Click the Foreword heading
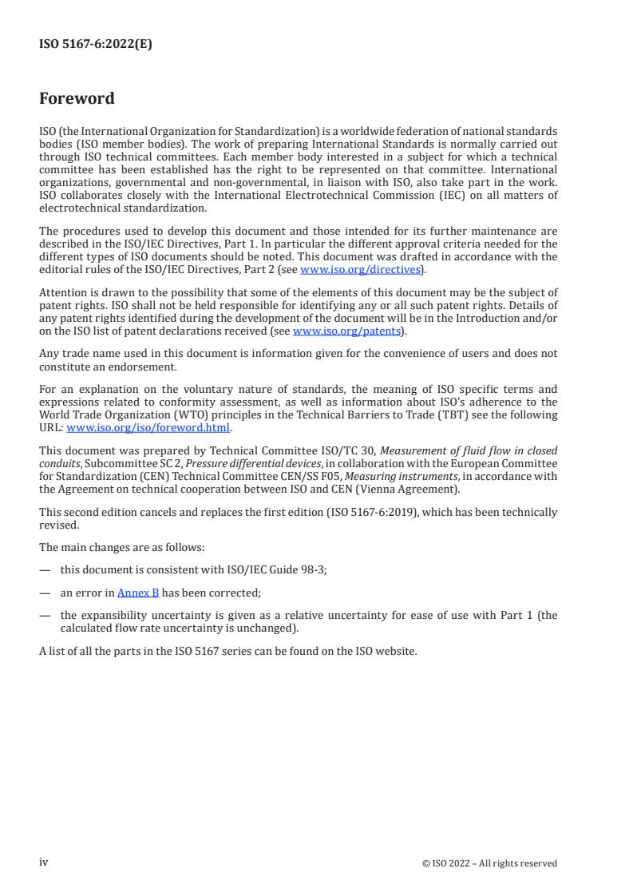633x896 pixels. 77,99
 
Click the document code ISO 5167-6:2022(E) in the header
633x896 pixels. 95,45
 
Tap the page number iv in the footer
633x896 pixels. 44,862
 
